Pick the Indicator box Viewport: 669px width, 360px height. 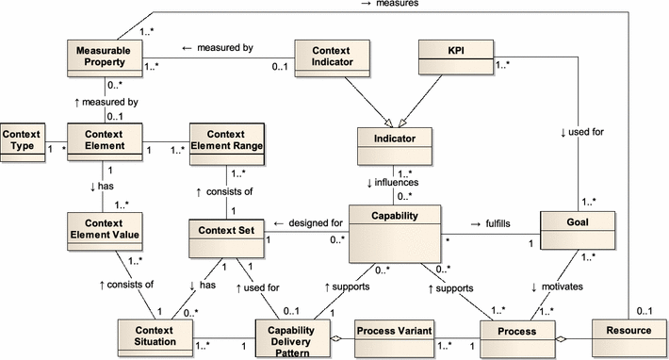(x=393, y=145)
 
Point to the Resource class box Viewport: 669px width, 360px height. (x=627, y=333)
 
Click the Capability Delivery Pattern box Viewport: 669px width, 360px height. (x=291, y=336)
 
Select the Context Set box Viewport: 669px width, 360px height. (x=225, y=236)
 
